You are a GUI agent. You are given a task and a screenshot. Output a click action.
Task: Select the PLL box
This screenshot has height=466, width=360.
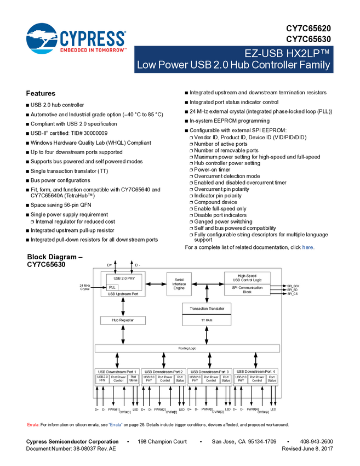click(x=112, y=287)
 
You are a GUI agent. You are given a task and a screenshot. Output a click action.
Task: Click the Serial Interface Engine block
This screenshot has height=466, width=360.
click(x=179, y=284)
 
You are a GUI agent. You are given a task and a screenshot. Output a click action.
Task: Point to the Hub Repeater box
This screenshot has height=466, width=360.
click(x=123, y=320)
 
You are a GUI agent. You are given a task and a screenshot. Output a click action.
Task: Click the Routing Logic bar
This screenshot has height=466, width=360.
click(x=187, y=348)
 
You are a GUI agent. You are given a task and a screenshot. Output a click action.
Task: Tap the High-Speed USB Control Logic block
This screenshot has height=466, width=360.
click(x=247, y=277)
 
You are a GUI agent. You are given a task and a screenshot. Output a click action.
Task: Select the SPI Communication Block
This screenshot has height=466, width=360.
click(x=247, y=289)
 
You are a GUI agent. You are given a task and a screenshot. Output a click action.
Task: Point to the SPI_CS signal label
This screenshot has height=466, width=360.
click(x=293, y=294)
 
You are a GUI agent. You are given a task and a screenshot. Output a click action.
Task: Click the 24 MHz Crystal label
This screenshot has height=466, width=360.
click(x=84, y=287)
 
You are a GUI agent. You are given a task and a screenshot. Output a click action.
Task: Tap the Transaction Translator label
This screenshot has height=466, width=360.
click(x=207, y=309)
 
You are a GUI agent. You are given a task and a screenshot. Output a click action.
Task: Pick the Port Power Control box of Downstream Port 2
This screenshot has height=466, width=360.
click(x=165, y=379)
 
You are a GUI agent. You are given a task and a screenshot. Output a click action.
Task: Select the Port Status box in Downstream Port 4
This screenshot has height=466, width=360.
click(x=271, y=379)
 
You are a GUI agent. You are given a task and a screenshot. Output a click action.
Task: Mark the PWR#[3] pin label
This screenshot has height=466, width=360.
click(x=207, y=409)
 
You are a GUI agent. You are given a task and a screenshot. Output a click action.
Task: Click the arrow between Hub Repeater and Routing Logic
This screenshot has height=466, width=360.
click(x=123, y=334)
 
